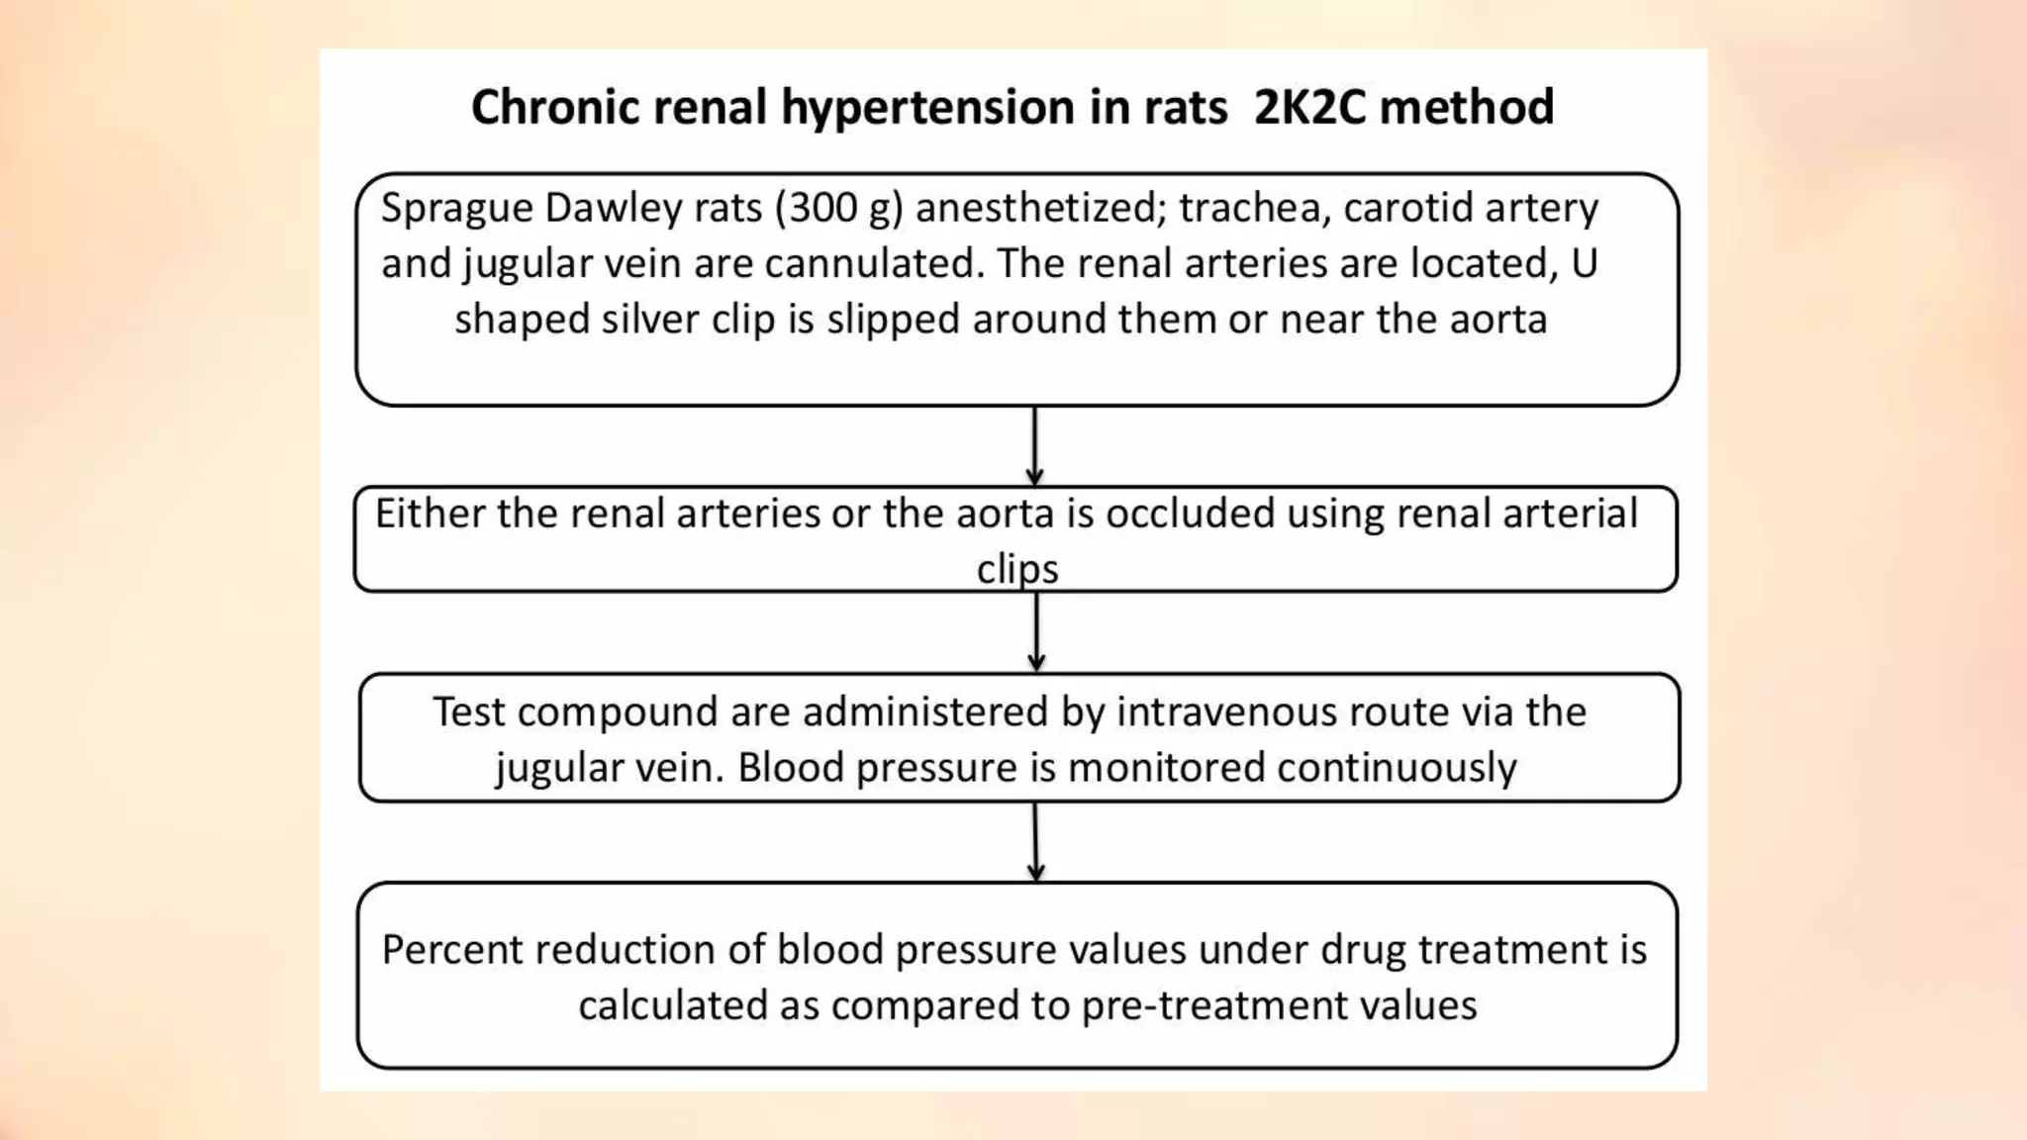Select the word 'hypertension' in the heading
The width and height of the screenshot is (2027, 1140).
click(x=927, y=107)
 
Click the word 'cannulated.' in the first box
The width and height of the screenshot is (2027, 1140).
click(x=875, y=264)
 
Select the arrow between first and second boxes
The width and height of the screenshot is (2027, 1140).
click(x=1034, y=446)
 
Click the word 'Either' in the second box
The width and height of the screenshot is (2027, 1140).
click(x=431, y=515)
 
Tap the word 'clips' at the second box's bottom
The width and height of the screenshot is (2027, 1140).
click(x=1017, y=570)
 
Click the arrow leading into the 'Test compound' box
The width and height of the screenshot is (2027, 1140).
click(x=1036, y=632)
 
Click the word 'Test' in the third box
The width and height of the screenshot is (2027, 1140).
click(x=469, y=712)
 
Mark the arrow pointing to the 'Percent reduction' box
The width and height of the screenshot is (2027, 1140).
click(x=1036, y=842)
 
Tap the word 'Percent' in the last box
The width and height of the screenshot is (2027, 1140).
click(x=451, y=950)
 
